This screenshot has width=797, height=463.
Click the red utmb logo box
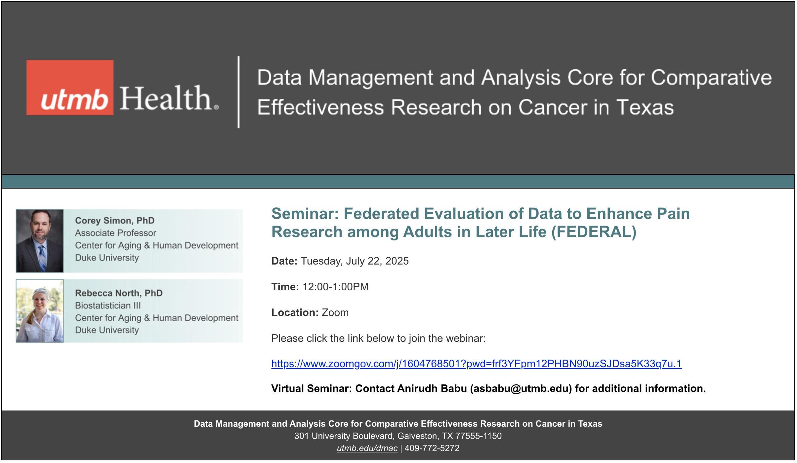[x=70, y=88]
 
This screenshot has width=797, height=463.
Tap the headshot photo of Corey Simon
[x=40, y=241]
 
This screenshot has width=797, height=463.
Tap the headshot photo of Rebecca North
[x=40, y=311]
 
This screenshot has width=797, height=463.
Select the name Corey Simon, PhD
[x=115, y=220]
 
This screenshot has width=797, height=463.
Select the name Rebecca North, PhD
[x=119, y=293]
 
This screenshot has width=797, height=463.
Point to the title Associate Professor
[x=115, y=233]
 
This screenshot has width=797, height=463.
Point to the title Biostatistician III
[x=108, y=305]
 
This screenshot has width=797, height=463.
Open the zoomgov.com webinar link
[x=477, y=364]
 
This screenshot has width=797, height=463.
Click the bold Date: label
[x=284, y=261]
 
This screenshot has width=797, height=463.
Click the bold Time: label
[x=285, y=287]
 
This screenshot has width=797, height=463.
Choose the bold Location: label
[x=295, y=312]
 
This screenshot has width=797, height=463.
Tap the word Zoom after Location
[x=335, y=312]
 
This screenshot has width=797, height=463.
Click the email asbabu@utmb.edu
[x=521, y=389]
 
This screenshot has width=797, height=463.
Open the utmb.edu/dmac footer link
[x=367, y=448]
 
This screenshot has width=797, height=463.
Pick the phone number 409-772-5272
[x=432, y=448]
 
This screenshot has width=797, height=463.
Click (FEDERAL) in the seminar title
[x=594, y=232]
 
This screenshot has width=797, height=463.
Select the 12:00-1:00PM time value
[x=336, y=287]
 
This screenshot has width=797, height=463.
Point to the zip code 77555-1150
[x=479, y=436]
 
